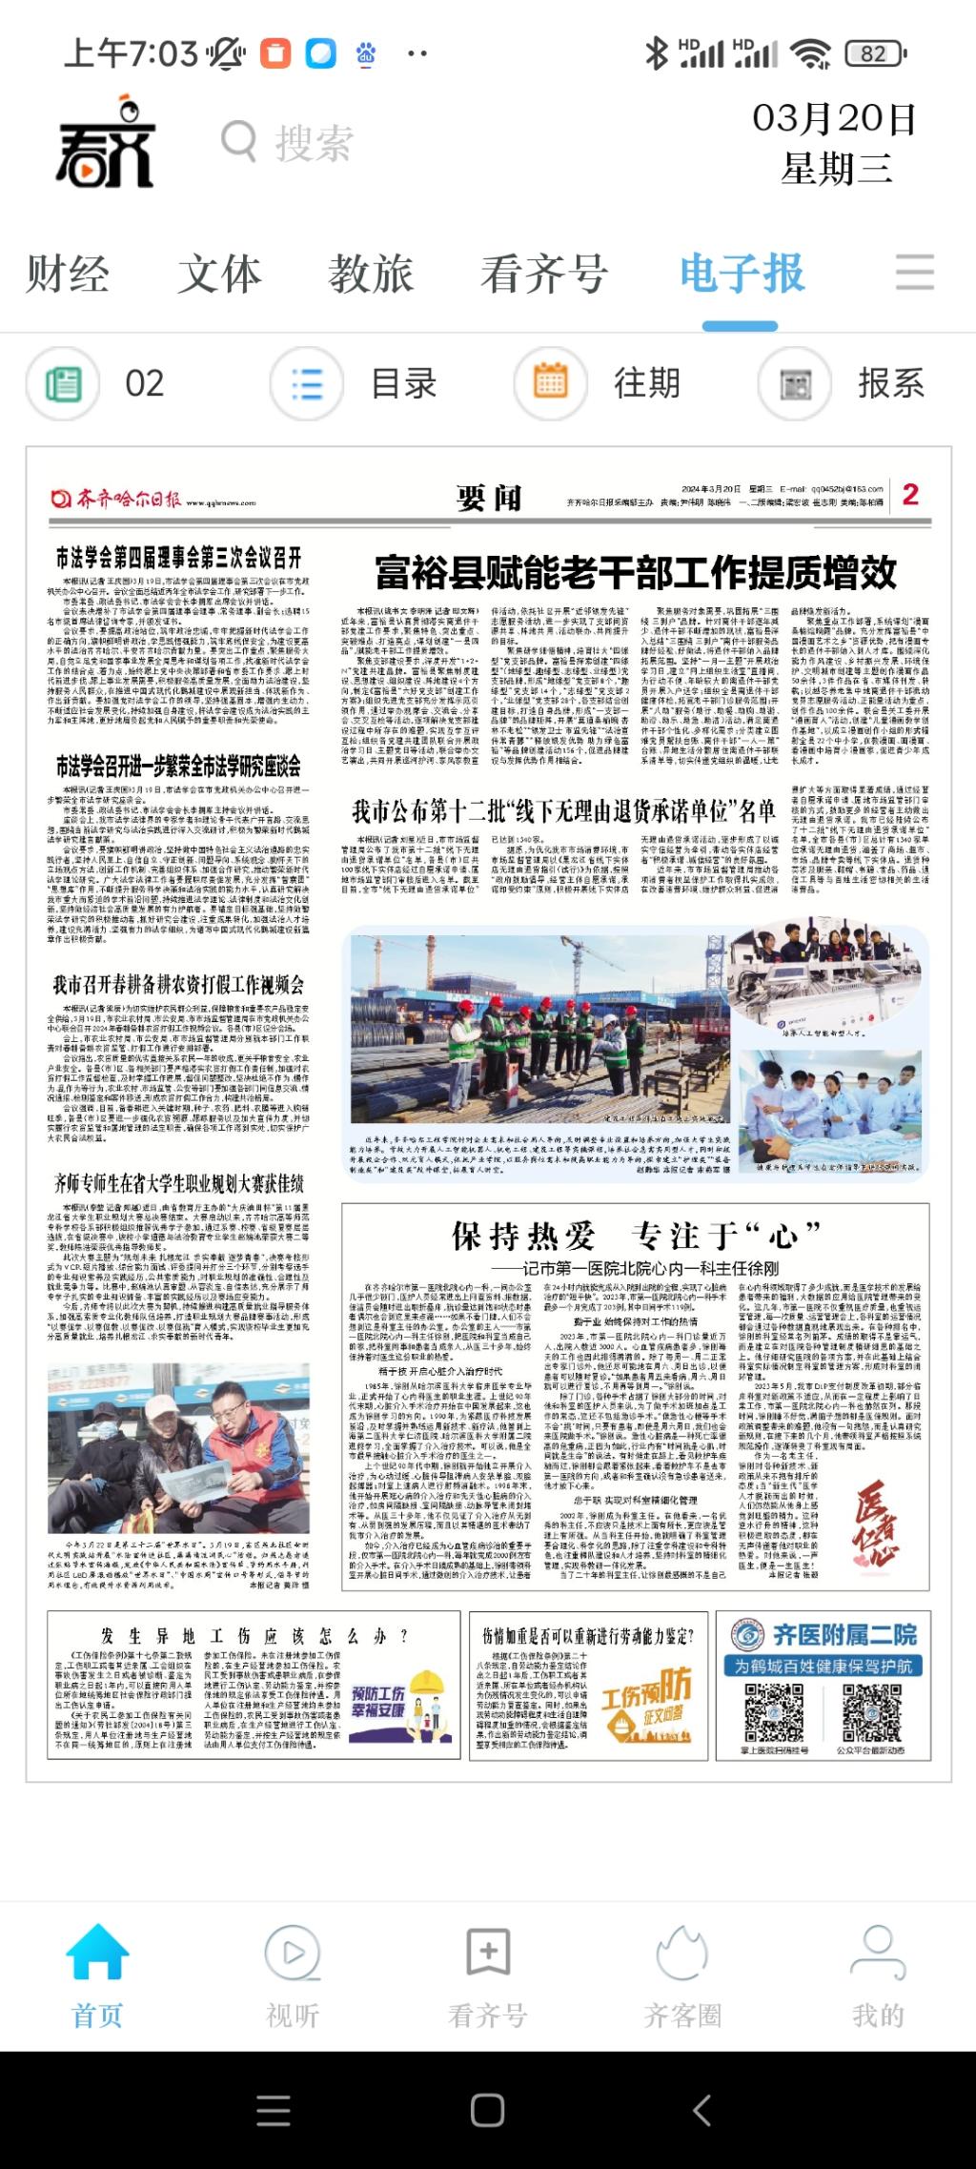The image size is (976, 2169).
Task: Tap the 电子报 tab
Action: click(x=742, y=275)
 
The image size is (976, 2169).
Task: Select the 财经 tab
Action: click(x=68, y=275)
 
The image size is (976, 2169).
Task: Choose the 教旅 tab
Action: click(x=371, y=275)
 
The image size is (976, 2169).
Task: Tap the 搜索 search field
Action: click(x=315, y=144)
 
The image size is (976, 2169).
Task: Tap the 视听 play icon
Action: click(x=293, y=1953)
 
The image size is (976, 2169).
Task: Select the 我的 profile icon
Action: click(x=878, y=1953)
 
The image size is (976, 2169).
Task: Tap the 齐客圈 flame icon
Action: click(x=682, y=1953)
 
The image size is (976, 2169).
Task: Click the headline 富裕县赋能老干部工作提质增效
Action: click(x=635, y=573)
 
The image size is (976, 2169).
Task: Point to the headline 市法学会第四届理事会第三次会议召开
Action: click(x=178, y=558)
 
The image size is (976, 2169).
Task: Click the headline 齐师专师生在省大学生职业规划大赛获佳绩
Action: click(x=178, y=1185)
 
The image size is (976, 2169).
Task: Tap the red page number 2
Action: click(x=910, y=495)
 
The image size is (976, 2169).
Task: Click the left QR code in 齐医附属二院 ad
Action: click(x=774, y=1711)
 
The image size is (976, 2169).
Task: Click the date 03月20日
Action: click(x=834, y=119)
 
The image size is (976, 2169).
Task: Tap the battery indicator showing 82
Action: click(x=874, y=54)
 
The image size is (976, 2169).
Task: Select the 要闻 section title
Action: click(x=488, y=497)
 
